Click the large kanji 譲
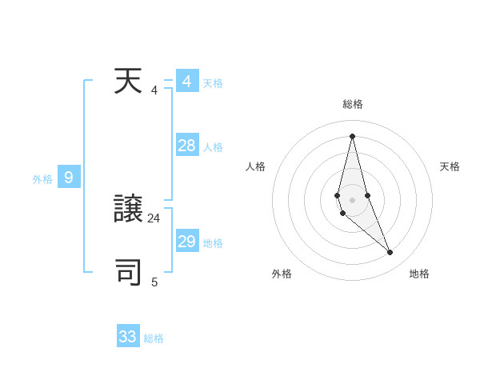coord(128,210)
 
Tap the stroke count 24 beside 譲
coord(154,218)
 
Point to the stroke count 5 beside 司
coord(154,282)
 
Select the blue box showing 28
coord(186,145)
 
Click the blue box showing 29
coord(186,241)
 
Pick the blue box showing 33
coord(128,336)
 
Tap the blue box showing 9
coord(69,178)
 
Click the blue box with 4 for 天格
coord(186,82)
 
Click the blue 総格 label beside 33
coord(154,338)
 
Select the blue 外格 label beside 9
coord(42,179)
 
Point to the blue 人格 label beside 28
coord(213,147)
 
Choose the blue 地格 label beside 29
coord(213,243)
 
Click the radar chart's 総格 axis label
coord(353,104)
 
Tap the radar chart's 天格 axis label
coord(450,166)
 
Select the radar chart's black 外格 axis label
coord(282,274)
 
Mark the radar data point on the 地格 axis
coord(390,253)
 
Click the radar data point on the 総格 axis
coord(352,135)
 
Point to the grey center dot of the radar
coord(352,199)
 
